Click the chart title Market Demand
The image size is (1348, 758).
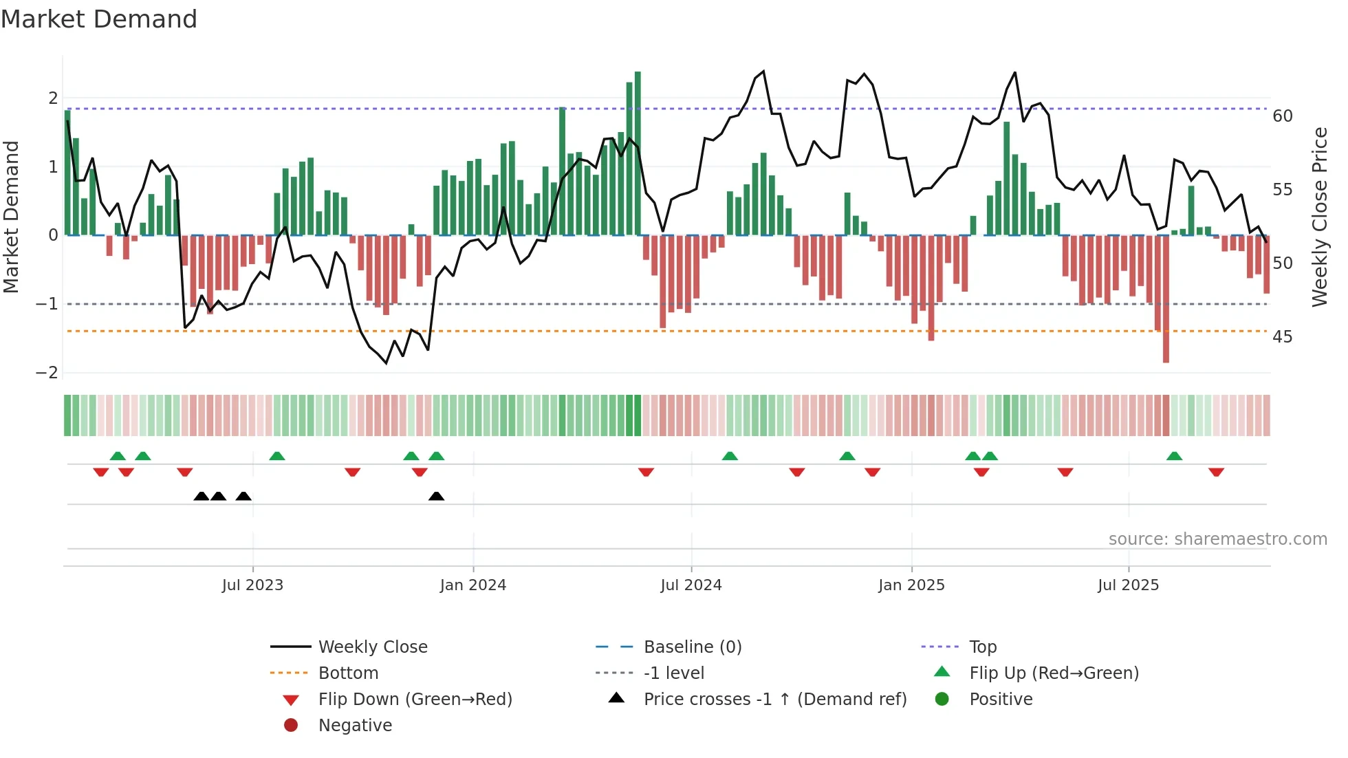click(99, 19)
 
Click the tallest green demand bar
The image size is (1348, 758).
click(638, 153)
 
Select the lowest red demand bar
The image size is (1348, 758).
click(1166, 299)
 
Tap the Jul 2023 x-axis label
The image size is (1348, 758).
click(252, 585)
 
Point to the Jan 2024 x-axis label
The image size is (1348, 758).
click(473, 585)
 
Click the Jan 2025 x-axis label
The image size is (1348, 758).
click(911, 585)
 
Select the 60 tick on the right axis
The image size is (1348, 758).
click(1283, 116)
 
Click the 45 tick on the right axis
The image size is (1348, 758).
click(1283, 337)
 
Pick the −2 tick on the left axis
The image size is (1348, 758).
click(47, 373)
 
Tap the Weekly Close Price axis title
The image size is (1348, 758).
click(1319, 217)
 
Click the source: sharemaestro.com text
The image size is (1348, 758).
click(1217, 539)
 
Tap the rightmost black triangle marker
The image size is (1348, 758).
click(436, 496)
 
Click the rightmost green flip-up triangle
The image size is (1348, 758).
click(1174, 456)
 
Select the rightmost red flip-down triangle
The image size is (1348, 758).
click(1216, 472)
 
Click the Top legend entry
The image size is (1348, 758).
click(982, 647)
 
